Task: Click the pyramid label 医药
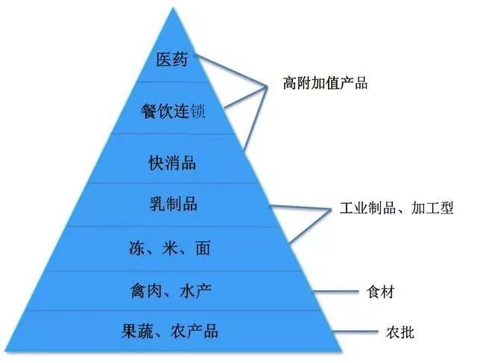click(x=172, y=59)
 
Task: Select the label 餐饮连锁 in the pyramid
click(x=172, y=112)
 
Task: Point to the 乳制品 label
click(x=173, y=202)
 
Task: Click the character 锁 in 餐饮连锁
click(x=195, y=112)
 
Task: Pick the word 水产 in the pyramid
click(x=196, y=289)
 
